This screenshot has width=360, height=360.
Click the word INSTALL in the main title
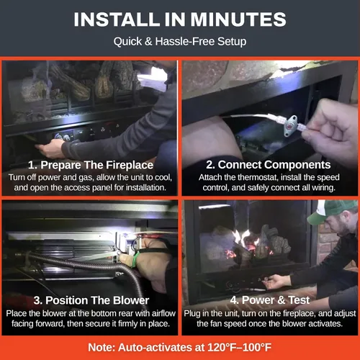tap(117, 19)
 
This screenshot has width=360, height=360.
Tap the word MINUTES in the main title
tap(238, 19)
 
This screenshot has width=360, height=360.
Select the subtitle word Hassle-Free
tap(185, 41)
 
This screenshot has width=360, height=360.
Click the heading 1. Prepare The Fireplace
tap(91, 165)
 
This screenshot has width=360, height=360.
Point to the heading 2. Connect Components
tap(269, 165)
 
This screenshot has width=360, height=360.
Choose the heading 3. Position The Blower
tap(91, 300)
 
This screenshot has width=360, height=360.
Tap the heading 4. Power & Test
tap(270, 300)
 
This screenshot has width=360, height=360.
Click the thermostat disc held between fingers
tap(291, 125)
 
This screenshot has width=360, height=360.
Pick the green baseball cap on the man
tap(331, 211)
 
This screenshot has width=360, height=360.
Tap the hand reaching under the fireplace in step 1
tap(50, 149)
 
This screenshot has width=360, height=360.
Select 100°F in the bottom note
tap(258, 347)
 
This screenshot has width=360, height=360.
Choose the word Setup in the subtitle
tap(232, 42)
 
